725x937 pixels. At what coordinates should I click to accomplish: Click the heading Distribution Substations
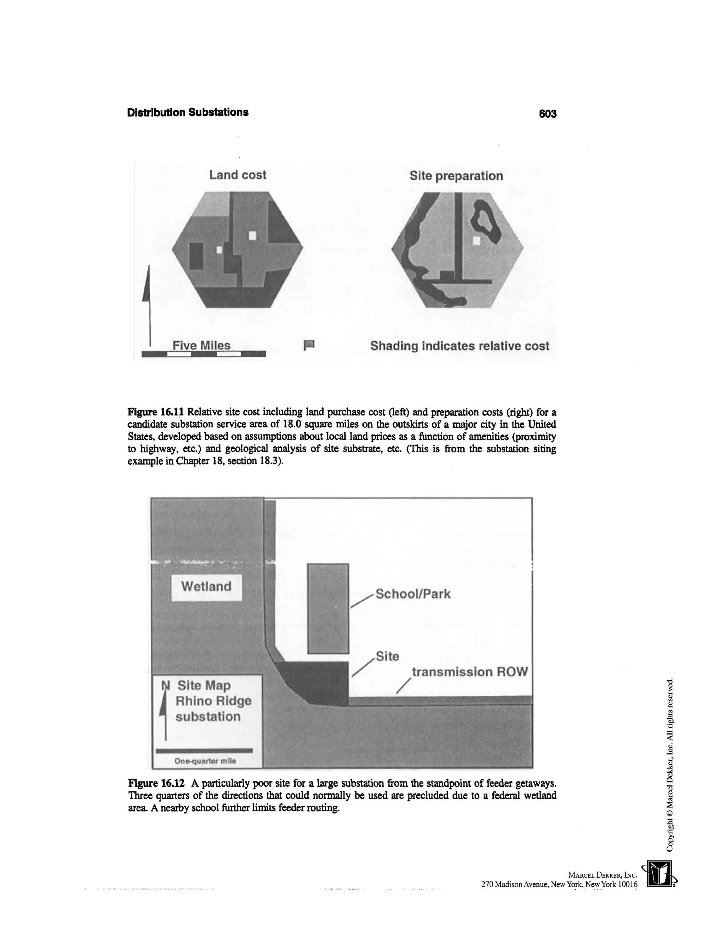pyautogui.click(x=188, y=112)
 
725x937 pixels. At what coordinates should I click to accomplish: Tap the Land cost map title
pyautogui.click(x=238, y=175)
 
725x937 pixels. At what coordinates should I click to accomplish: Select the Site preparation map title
pyautogui.click(x=456, y=176)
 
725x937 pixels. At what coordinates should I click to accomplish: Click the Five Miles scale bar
pyautogui.click(x=204, y=353)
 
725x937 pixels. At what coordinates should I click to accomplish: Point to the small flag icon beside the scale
pyautogui.click(x=309, y=345)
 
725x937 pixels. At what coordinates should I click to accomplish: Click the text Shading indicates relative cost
pyautogui.click(x=459, y=346)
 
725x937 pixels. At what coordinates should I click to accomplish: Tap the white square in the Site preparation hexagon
pyautogui.click(x=476, y=241)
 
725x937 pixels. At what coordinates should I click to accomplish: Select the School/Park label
pyautogui.click(x=413, y=594)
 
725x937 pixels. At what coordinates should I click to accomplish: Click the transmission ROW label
pyautogui.click(x=469, y=672)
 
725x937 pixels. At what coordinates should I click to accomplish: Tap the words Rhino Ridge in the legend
pyautogui.click(x=213, y=701)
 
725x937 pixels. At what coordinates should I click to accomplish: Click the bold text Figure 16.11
pyautogui.click(x=155, y=412)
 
